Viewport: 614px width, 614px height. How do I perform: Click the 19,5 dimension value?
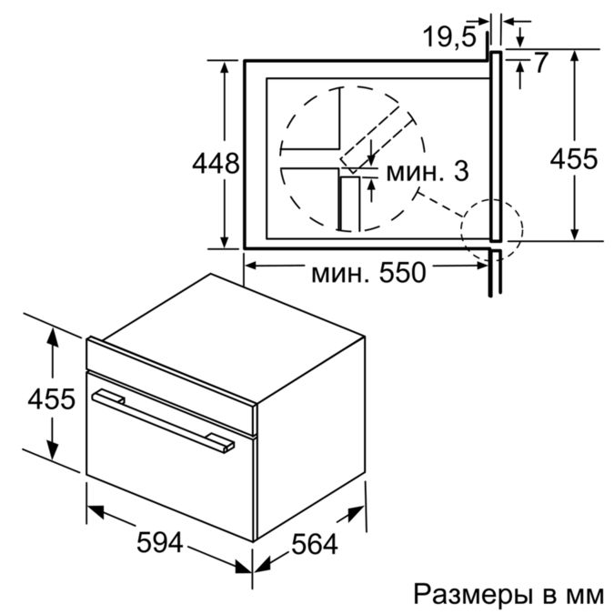pyautogui.click(x=449, y=37)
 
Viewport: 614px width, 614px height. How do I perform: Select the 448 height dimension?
pyautogui.click(x=216, y=164)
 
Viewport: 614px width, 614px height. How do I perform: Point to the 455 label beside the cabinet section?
pyautogui.click(x=574, y=158)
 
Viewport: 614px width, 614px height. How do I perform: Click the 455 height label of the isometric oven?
pyautogui.click(x=51, y=399)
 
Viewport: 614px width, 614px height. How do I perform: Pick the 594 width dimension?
pyautogui.click(x=160, y=542)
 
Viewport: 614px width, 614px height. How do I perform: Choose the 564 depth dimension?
pyautogui.click(x=315, y=544)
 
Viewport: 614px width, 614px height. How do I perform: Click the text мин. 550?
pyautogui.click(x=368, y=272)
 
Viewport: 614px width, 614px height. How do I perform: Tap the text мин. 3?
pyautogui.click(x=428, y=172)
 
